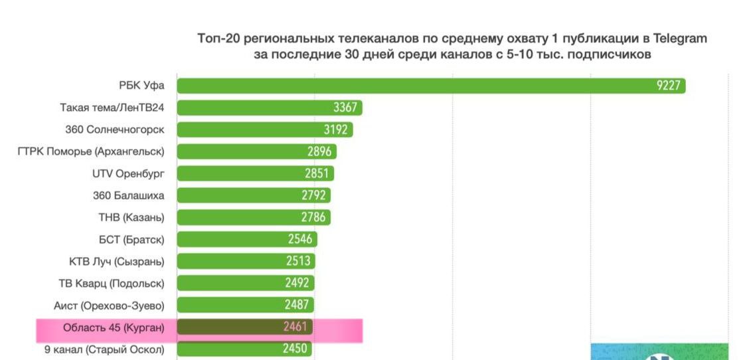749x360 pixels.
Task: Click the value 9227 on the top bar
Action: (669, 86)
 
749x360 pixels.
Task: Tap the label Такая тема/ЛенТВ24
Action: (112, 108)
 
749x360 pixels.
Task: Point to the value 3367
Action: (345, 108)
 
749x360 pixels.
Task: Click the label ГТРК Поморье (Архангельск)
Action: (91, 151)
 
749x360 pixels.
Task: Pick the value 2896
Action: (319, 151)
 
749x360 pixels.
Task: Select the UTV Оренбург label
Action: (128, 173)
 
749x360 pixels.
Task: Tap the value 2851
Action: (317, 173)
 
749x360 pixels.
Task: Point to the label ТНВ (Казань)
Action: (131, 217)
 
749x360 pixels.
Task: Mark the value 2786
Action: (313, 217)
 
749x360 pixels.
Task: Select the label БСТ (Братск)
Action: (131, 239)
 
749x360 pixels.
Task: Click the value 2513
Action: (298, 261)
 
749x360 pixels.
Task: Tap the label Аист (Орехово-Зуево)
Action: (109, 305)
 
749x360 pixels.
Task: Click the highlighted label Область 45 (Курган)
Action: (113, 327)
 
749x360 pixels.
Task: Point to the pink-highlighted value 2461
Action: (295, 327)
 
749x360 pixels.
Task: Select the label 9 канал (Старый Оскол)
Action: (104, 349)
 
